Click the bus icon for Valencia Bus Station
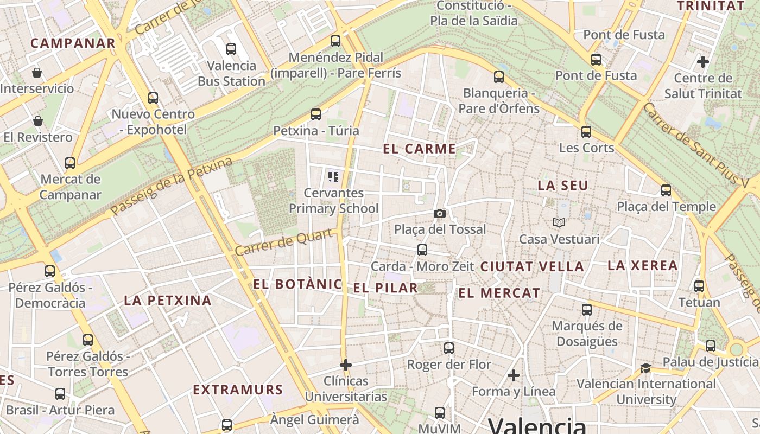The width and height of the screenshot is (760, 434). pyautogui.click(x=231, y=49)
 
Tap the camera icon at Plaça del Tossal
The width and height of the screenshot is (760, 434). pyautogui.click(x=440, y=213)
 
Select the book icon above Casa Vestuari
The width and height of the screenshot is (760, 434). pyautogui.click(x=559, y=222)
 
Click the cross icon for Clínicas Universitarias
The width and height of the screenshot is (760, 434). pyautogui.click(x=346, y=365)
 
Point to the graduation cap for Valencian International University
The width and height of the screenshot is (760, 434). pyautogui.click(x=645, y=368)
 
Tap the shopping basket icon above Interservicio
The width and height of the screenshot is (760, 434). pyautogui.click(x=37, y=72)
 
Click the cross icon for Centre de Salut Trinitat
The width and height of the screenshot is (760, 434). pyautogui.click(x=703, y=62)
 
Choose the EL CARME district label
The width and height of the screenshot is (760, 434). pyautogui.click(x=419, y=149)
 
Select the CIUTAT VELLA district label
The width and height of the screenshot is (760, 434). pyautogui.click(x=532, y=266)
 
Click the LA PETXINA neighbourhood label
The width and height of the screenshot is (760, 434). pyautogui.click(x=168, y=300)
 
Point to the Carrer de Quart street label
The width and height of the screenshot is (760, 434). pyautogui.click(x=284, y=242)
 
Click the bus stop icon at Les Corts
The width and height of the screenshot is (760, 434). pyautogui.click(x=586, y=131)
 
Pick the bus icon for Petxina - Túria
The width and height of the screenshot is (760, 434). pyautogui.click(x=316, y=114)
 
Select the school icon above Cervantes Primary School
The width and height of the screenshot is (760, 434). pyautogui.click(x=333, y=176)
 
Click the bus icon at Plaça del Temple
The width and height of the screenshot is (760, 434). pyautogui.click(x=666, y=190)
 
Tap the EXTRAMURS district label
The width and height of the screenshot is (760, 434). pyautogui.click(x=238, y=390)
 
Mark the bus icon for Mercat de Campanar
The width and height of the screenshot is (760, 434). pyautogui.click(x=70, y=163)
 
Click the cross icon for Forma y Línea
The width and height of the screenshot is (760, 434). pyautogui.click(x=514, y=375)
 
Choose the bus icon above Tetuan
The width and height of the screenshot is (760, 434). pyautogui.click(x=699, y=286)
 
